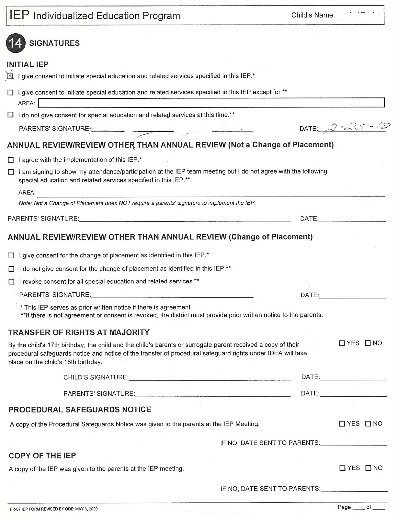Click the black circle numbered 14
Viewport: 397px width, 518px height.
coord(15,43)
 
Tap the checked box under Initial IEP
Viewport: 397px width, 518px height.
coord(11,76)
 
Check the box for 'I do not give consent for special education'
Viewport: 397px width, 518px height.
coord(11,115)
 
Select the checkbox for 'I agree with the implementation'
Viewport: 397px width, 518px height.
coord(11,160)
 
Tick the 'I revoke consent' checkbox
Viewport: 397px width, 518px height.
coord(12,282)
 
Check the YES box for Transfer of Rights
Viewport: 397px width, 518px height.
coord(342,343)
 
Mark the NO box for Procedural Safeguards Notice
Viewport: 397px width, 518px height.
coord(368,424)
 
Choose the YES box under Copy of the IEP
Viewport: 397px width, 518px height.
coord(342,468)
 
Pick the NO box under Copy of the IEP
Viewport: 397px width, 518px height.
coord(369,468)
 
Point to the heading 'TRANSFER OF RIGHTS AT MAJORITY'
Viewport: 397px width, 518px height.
coord(79,332)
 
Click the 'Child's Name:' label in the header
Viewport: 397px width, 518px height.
coord(313,15)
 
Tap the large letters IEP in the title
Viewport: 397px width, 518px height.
coord(19,15)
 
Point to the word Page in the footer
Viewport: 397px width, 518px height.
coord(344,507)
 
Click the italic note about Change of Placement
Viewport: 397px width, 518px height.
coord(137,203)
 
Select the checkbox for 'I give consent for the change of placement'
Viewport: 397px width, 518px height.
coord(12,255)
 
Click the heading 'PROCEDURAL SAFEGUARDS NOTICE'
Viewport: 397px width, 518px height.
coord(80,410)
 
